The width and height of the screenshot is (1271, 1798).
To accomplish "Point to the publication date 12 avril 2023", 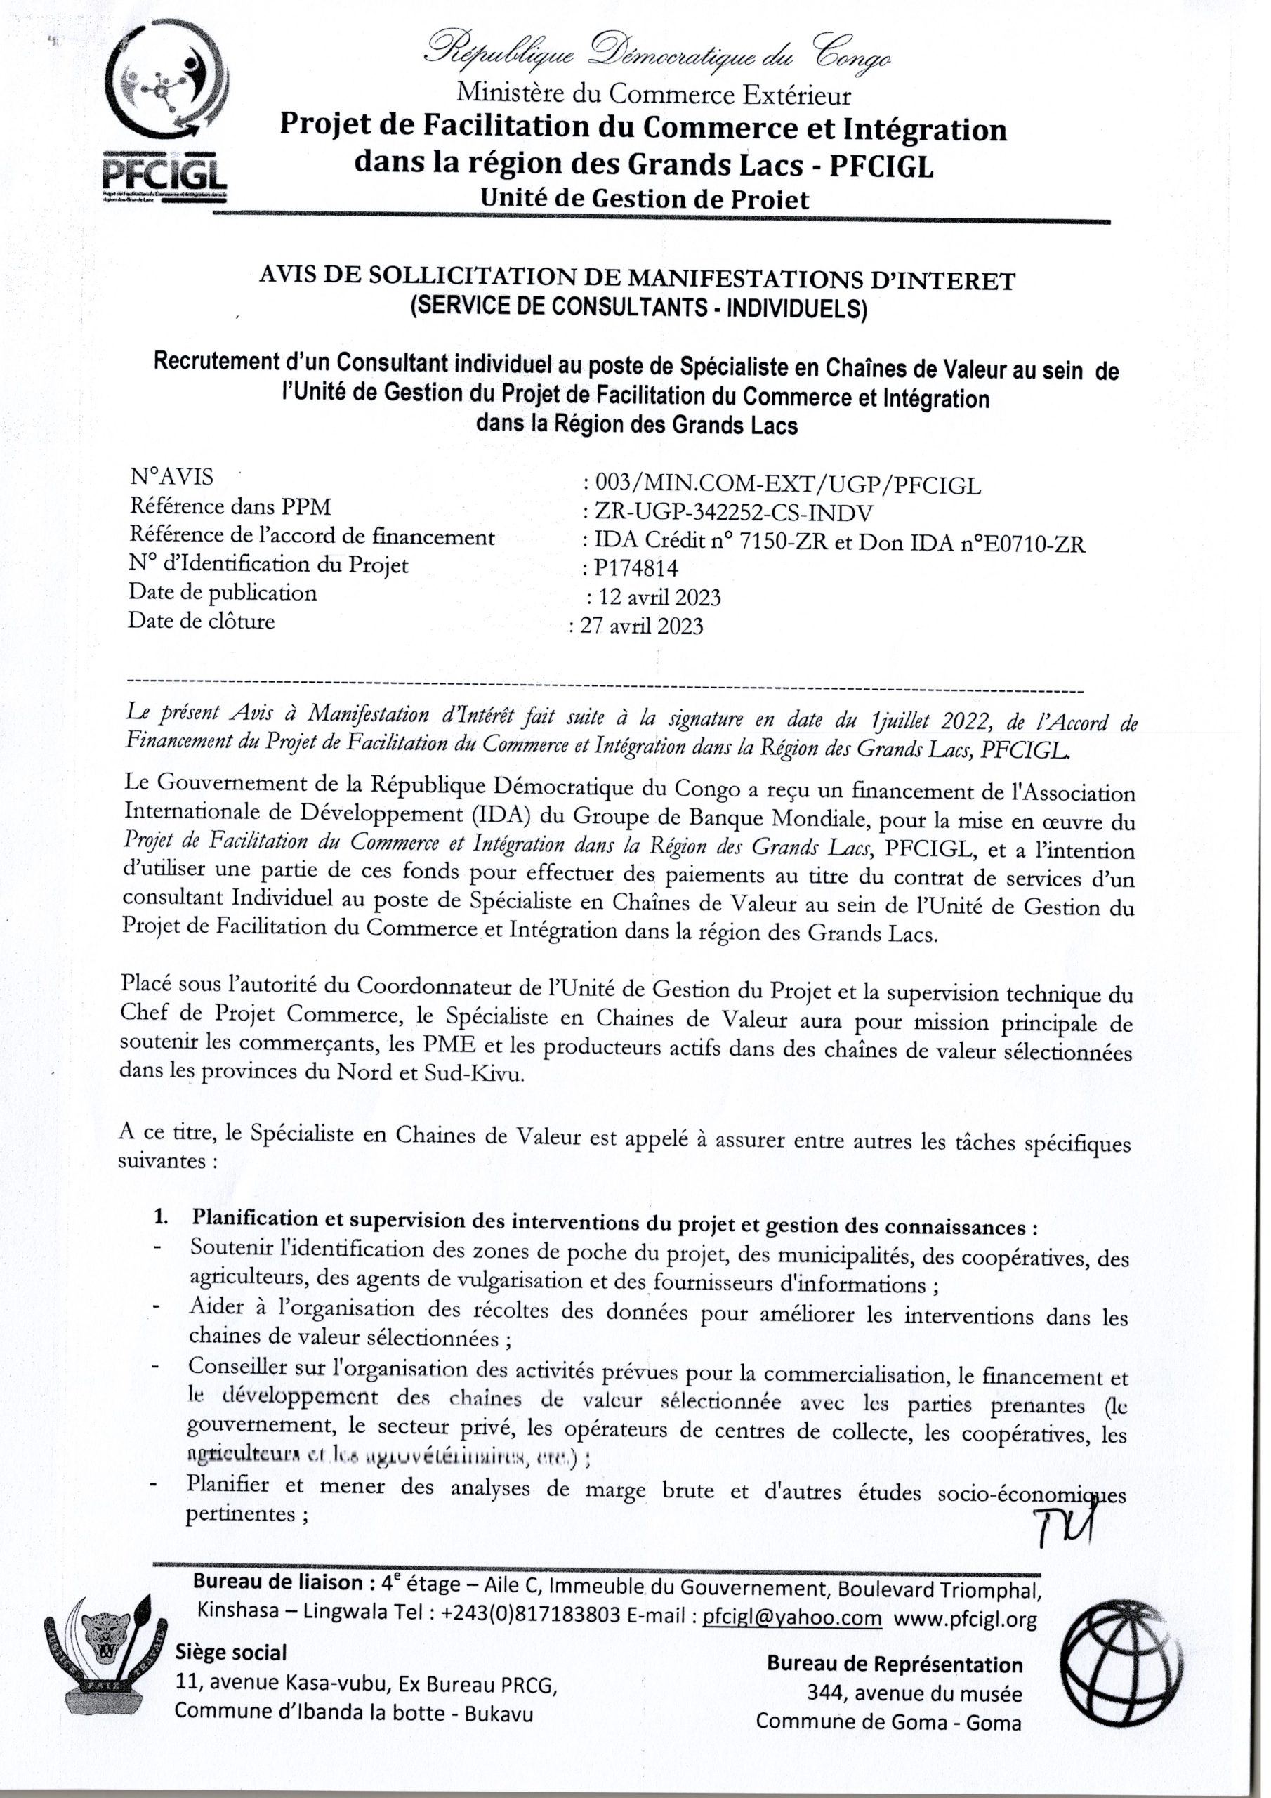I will pos(659,598).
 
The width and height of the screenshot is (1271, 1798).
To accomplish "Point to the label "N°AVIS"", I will pos(171,476).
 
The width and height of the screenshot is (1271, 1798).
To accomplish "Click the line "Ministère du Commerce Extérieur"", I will pos(654,95).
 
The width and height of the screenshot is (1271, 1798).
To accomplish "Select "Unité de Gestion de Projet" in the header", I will pos(645,199).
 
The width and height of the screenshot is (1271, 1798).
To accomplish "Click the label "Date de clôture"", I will pos(202,622).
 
